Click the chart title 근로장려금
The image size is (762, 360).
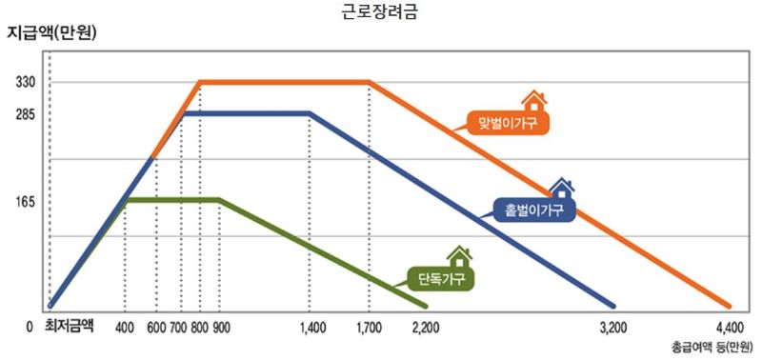pos(379,12)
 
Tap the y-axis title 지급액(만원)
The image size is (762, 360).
pos(53,32)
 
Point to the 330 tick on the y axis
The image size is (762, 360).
pos(26,83)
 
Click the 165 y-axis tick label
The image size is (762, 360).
pos(26,202)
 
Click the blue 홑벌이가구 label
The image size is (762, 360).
pos(536,210)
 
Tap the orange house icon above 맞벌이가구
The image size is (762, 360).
pos(533,99)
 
